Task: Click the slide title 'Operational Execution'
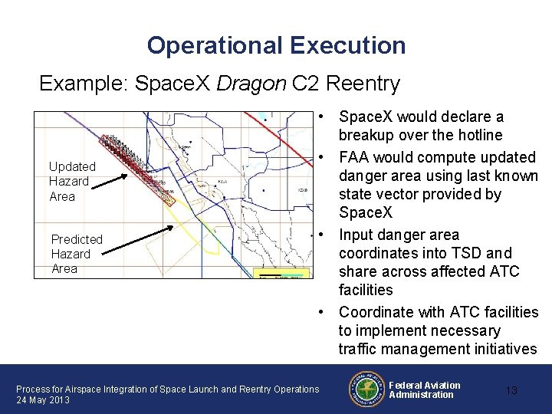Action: pos(276,45)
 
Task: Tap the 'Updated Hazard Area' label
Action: pos(72,181)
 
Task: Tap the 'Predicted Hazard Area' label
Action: pos(76,254)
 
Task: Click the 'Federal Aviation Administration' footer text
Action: pos(424,389)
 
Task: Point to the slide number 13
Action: pos(511,390)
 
